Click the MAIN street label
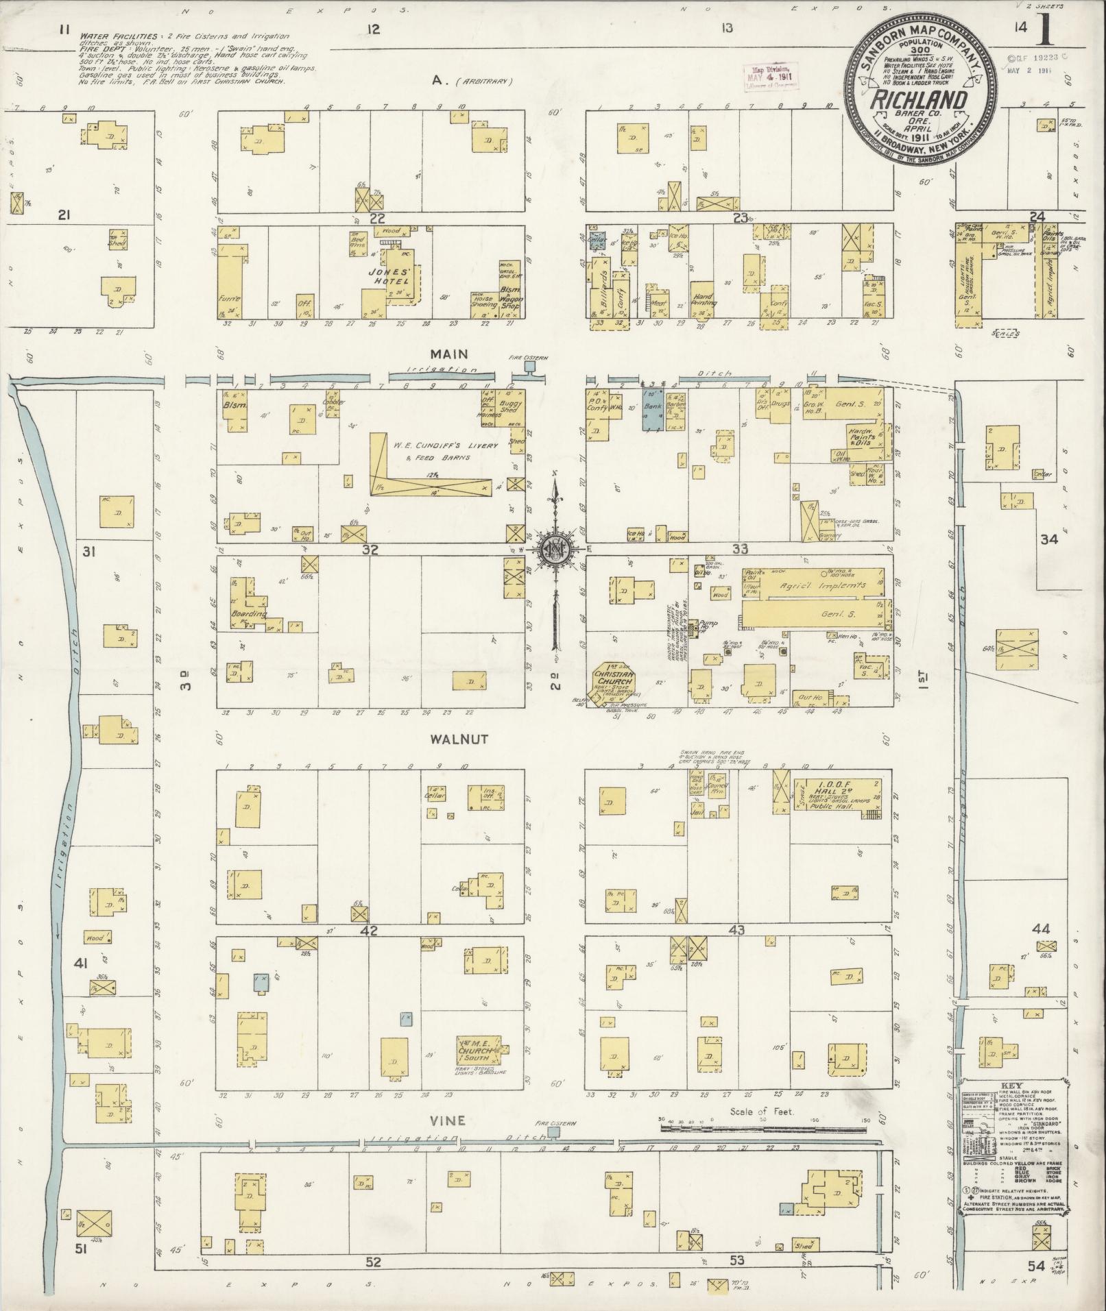click(449, 354)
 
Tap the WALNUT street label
click(450, 739)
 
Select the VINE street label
click(448, 1120)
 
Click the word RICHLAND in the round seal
click(919, 100)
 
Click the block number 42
click(370, 931)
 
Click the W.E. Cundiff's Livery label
click(431, 444)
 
